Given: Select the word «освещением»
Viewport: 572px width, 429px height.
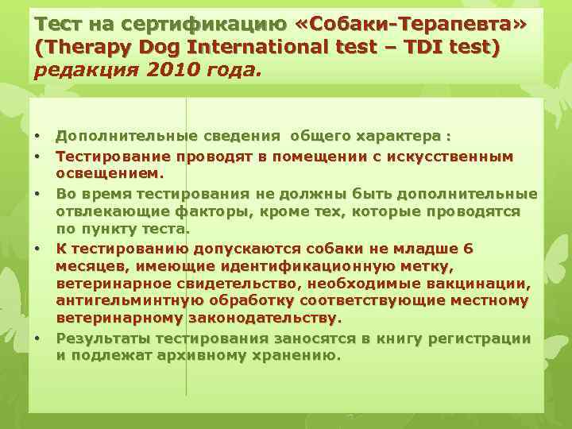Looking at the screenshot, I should (x=109, y=172).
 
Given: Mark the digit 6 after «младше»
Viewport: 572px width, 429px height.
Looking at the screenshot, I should (x=468, y=249).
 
